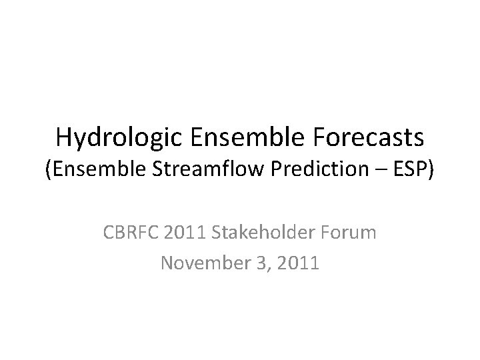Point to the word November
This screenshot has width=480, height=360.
(x=203, y=263)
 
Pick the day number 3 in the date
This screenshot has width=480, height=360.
(x=257, y=263)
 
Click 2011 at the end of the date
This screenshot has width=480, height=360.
(x=295, y=263)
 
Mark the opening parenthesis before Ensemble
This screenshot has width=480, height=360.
(x=47, y=171)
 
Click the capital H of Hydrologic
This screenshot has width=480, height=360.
(x=64, y=137)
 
